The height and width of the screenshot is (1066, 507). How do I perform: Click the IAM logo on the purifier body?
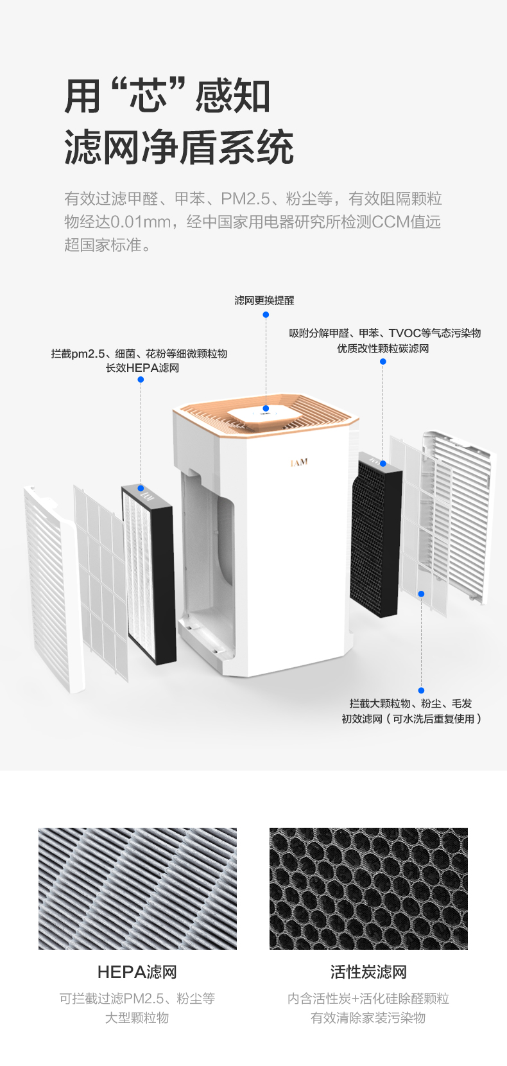point(299,462)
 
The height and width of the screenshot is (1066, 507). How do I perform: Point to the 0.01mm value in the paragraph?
point(141,222)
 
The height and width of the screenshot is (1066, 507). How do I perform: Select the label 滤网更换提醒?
point(264,301)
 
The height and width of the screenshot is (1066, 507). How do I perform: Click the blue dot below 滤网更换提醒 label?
point(266,315)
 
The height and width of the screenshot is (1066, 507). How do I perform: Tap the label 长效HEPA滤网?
point(142,368)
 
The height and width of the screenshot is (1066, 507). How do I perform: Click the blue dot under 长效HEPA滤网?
point(141,380)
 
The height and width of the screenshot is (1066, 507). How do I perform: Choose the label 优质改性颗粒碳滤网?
point(383,349)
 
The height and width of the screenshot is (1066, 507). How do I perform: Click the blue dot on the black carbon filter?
point(383,463)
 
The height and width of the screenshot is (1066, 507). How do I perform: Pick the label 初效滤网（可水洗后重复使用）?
point(412,719)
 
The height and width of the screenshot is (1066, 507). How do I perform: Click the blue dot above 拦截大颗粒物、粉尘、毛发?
point(421,690)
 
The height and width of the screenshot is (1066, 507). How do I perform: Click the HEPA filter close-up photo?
point(137,889)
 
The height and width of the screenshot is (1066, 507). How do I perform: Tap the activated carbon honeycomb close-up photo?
point(368,889)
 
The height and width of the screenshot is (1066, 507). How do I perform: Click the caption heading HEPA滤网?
point(137,972)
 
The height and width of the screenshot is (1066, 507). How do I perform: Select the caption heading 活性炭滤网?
point(368,972)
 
